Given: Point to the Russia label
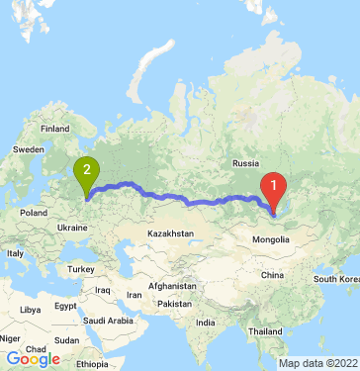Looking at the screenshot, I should [244, 162].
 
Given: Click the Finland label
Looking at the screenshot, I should [55, 128].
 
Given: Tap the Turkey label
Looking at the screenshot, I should [78, 268].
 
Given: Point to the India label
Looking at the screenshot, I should [205, 323].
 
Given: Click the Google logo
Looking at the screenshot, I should [33, 359].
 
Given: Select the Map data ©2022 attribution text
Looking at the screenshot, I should [318, 363].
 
